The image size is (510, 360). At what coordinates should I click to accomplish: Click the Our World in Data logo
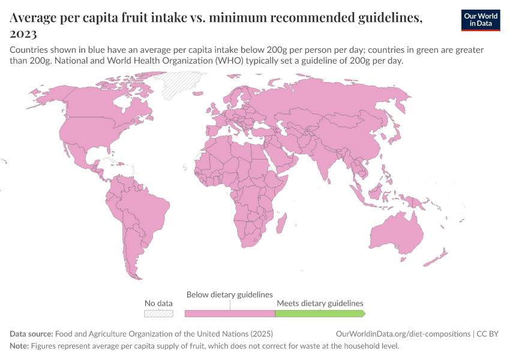point(481,20)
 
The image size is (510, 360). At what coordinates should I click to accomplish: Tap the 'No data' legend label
point(158,304)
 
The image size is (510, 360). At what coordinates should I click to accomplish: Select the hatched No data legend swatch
point(158,313)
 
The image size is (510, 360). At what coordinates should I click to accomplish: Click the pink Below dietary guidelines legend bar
point(229,313)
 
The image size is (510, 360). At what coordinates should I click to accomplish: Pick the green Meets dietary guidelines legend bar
point(319,313)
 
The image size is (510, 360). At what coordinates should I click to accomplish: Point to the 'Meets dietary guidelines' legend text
point(320,304)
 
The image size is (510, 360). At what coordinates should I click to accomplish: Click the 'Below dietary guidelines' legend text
point(230,295)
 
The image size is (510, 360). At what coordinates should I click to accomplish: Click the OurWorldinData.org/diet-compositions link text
point(403,334)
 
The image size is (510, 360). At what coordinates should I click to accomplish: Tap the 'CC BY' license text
point(488,334)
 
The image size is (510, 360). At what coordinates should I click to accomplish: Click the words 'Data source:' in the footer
point(31,334)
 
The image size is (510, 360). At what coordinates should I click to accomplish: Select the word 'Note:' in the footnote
point(20,346)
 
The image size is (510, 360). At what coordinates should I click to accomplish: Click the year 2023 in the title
point(23,34)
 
